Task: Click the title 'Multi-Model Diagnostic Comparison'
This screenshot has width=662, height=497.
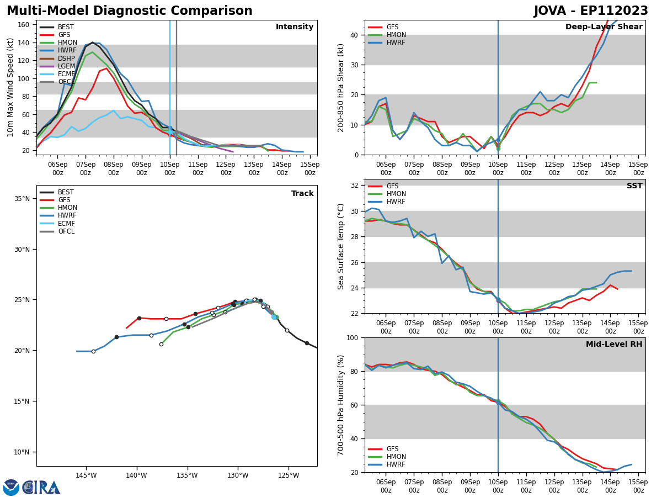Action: click(x=130, y=11)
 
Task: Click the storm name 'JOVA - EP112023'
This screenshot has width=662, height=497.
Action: click(x=591, y=11)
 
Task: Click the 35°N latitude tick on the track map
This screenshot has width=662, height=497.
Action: click(x=23, y=199)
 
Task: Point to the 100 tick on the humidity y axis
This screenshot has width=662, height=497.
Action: click(x=352, y=337)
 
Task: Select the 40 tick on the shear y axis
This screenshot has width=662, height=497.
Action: click(x=354, y=35)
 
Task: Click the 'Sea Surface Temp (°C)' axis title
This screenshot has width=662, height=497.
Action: click(x=341, y=246)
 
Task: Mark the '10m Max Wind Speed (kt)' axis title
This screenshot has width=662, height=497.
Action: click(x=10, y=87)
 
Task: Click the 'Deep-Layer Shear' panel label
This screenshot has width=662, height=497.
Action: click(x=604, y=27)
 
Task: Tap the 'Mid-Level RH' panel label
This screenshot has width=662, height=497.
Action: click(x=614, y=345)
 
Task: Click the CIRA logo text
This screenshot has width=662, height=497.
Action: click(x=41, y=488)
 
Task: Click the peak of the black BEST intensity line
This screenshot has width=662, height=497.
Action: click(x=93, y=43)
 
